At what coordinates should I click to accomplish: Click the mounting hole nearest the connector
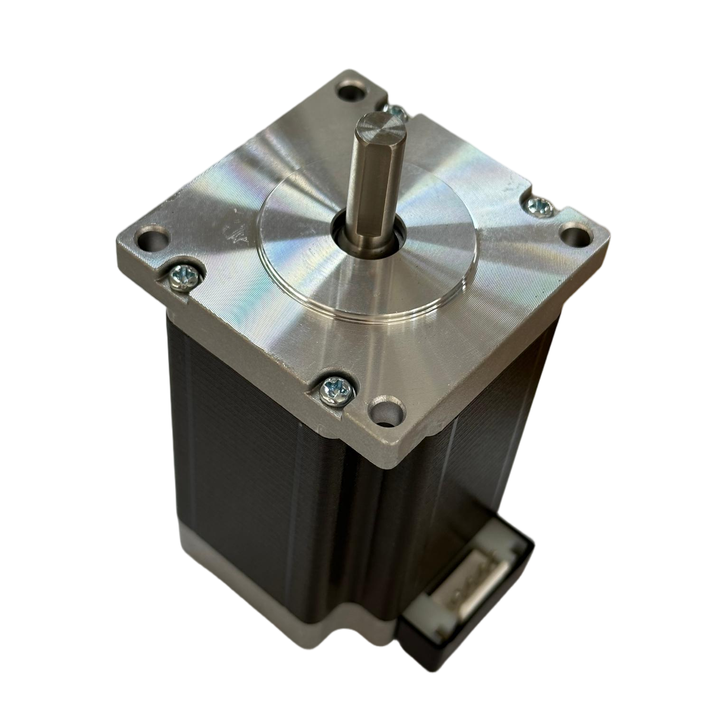tap(387, 408)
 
